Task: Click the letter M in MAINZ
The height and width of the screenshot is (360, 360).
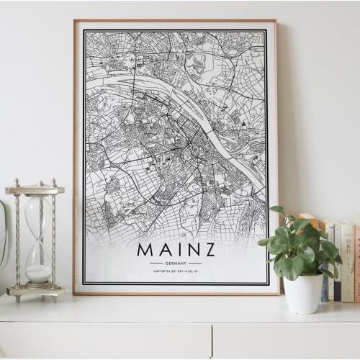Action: [145, 250]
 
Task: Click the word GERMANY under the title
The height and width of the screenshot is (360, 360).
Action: [176, 263]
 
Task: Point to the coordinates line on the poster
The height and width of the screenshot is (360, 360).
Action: [176, 271]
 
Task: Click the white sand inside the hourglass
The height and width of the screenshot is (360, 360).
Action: [38, 273]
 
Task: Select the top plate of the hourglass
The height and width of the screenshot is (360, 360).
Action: [35, 190]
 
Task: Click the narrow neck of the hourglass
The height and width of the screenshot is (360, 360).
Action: [37, 238]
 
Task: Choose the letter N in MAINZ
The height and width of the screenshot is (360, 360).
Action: [190, 250]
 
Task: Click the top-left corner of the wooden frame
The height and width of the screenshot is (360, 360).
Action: [74, 21]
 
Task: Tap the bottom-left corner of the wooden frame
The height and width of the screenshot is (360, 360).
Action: [73, 293]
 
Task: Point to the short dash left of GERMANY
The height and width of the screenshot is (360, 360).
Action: [156, 263]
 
